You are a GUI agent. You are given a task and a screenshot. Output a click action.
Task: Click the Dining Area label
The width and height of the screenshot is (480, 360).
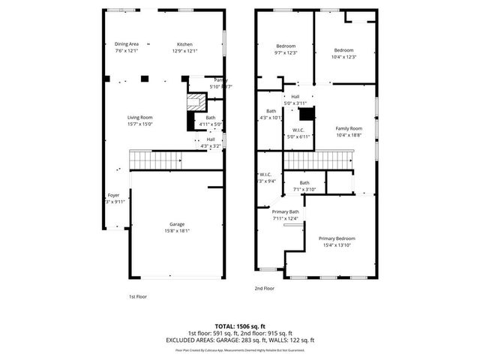coord(126,43)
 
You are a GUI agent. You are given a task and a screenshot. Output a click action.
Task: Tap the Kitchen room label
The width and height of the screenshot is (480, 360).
coord(184,43)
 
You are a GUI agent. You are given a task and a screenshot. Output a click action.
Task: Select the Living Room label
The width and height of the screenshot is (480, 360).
coord(139,117)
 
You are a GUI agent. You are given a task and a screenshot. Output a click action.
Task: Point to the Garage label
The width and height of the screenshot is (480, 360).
coord(177,224)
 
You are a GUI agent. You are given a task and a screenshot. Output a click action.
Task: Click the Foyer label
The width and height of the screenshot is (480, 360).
coord(113,195)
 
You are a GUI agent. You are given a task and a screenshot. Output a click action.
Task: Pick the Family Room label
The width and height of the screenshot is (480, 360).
coord(348,128)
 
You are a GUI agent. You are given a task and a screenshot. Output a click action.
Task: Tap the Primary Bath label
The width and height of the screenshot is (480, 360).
coord(285,211)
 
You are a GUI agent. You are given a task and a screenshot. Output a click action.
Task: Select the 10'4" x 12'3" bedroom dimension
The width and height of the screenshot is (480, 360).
coord(343,57)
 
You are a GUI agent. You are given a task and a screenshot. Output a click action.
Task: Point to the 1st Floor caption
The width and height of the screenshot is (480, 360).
coord(138,296)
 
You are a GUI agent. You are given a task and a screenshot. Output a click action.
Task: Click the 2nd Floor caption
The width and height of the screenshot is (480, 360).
coord(264,288)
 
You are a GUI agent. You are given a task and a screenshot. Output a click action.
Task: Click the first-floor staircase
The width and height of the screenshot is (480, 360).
coord(157,159)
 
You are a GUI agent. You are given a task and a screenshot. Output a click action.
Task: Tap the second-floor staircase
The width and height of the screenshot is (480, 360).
coord(319,159)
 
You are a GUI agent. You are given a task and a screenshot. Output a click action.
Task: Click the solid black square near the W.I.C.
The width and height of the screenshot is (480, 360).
coord(305,114)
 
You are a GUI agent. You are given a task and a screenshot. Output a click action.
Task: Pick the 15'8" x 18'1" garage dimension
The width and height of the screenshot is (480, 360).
coord(177,231)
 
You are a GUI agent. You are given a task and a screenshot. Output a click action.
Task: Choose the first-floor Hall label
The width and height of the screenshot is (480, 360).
coord(211,139)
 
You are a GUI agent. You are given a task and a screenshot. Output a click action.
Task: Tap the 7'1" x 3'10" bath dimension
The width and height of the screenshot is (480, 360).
coord(304,189)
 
